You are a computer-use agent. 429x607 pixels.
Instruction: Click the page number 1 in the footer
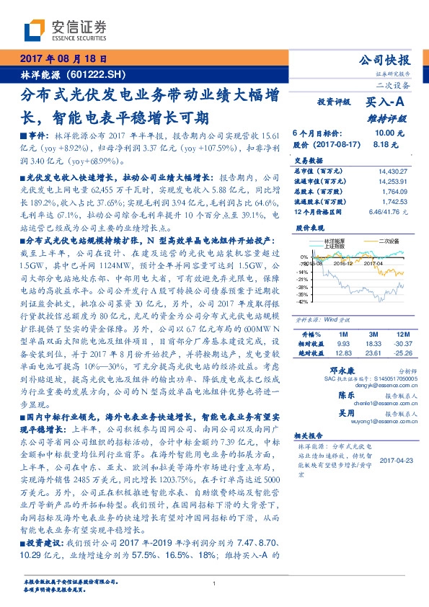(214, 584)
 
